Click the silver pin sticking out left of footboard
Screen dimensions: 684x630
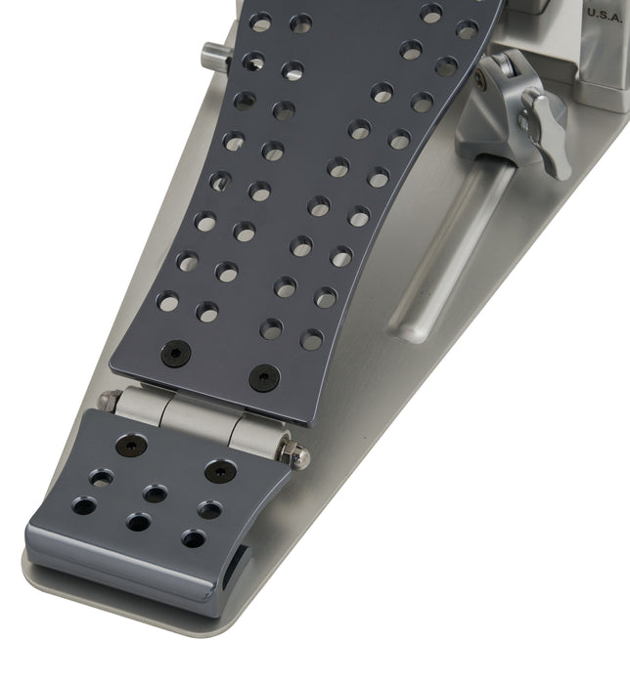coord(214,57)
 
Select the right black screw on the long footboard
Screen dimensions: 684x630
coord(263,377)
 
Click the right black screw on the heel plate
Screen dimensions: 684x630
coord(220,471)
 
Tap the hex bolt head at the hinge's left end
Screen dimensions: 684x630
coord(111,400)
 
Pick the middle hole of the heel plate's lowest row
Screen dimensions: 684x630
coord(139,523)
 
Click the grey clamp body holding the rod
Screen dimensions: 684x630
coord(499,117)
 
